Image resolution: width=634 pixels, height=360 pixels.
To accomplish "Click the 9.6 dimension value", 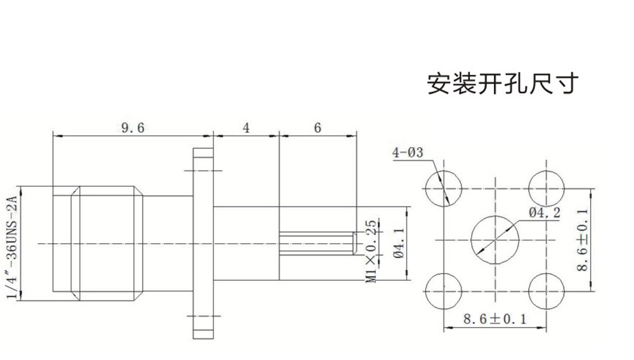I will pyautogui.click(x=133, y=128).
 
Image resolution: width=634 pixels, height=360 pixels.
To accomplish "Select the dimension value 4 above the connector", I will pyautogui.click(x=247, y=128).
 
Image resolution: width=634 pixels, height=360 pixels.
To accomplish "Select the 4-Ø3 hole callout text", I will pyautogui.click(x=408, y=153).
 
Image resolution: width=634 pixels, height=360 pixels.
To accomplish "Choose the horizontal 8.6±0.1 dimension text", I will pyautogui.click(x=495, y=319).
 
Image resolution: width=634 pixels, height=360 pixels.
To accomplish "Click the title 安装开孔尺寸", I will pyautogui.click(x=503, y=84).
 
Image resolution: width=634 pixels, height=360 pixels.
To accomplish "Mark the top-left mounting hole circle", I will pyautogui.click(x=443, y=188).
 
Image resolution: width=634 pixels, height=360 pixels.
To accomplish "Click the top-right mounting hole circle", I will pyautogui.click(x=546, y=188).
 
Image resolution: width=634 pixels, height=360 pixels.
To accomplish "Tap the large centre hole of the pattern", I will pyautogui.click(x=495, y=240).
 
